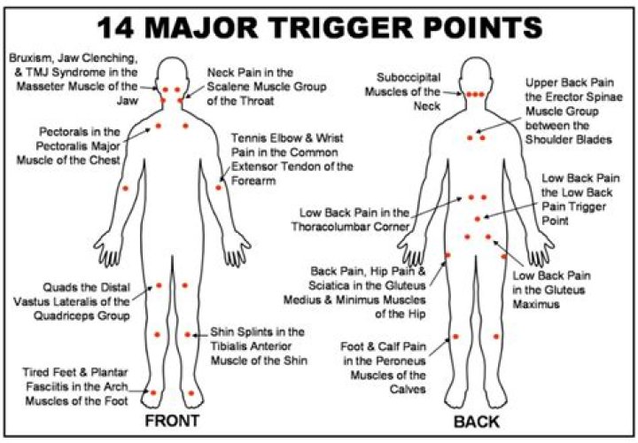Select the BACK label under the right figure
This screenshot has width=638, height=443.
(x=476, y=421)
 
